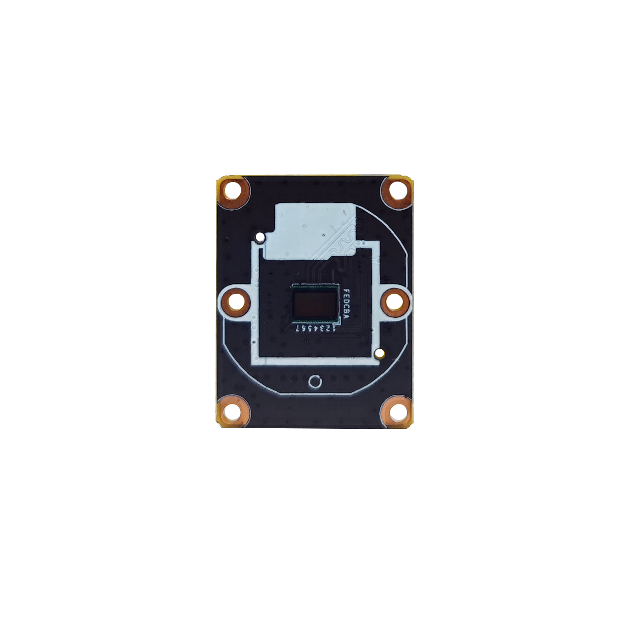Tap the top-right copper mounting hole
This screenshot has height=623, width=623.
[x=396, y=192]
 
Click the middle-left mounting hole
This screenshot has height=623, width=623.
[x=235, y=302]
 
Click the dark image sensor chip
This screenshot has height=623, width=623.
[x=316, y=304]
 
